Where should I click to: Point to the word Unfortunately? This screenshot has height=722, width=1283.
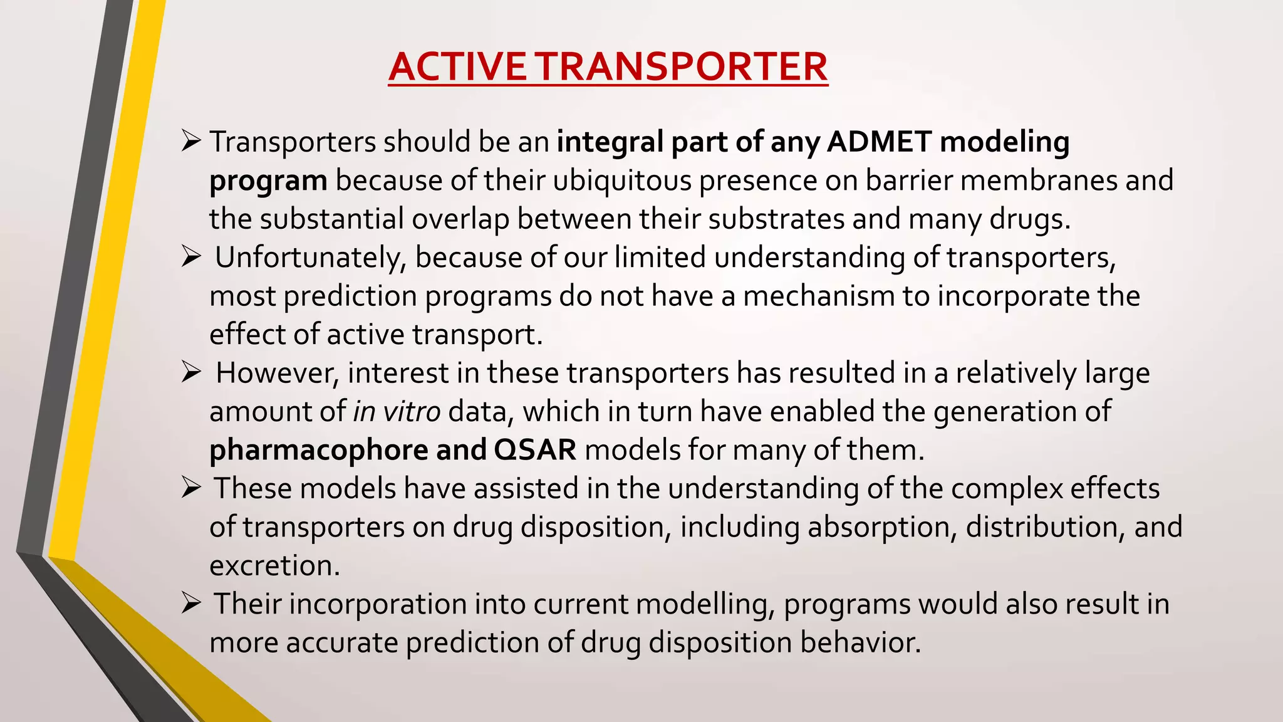[x=310, y=258]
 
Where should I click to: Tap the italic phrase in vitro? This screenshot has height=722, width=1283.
[x=397, y=412]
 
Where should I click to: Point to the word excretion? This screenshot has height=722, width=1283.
[x=274, y=566]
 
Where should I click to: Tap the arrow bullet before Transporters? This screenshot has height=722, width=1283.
[x=190, y=141]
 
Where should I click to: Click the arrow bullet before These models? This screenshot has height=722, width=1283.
[x=190, y=488]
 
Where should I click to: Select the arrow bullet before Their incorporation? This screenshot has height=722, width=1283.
[x=190, y=604]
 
